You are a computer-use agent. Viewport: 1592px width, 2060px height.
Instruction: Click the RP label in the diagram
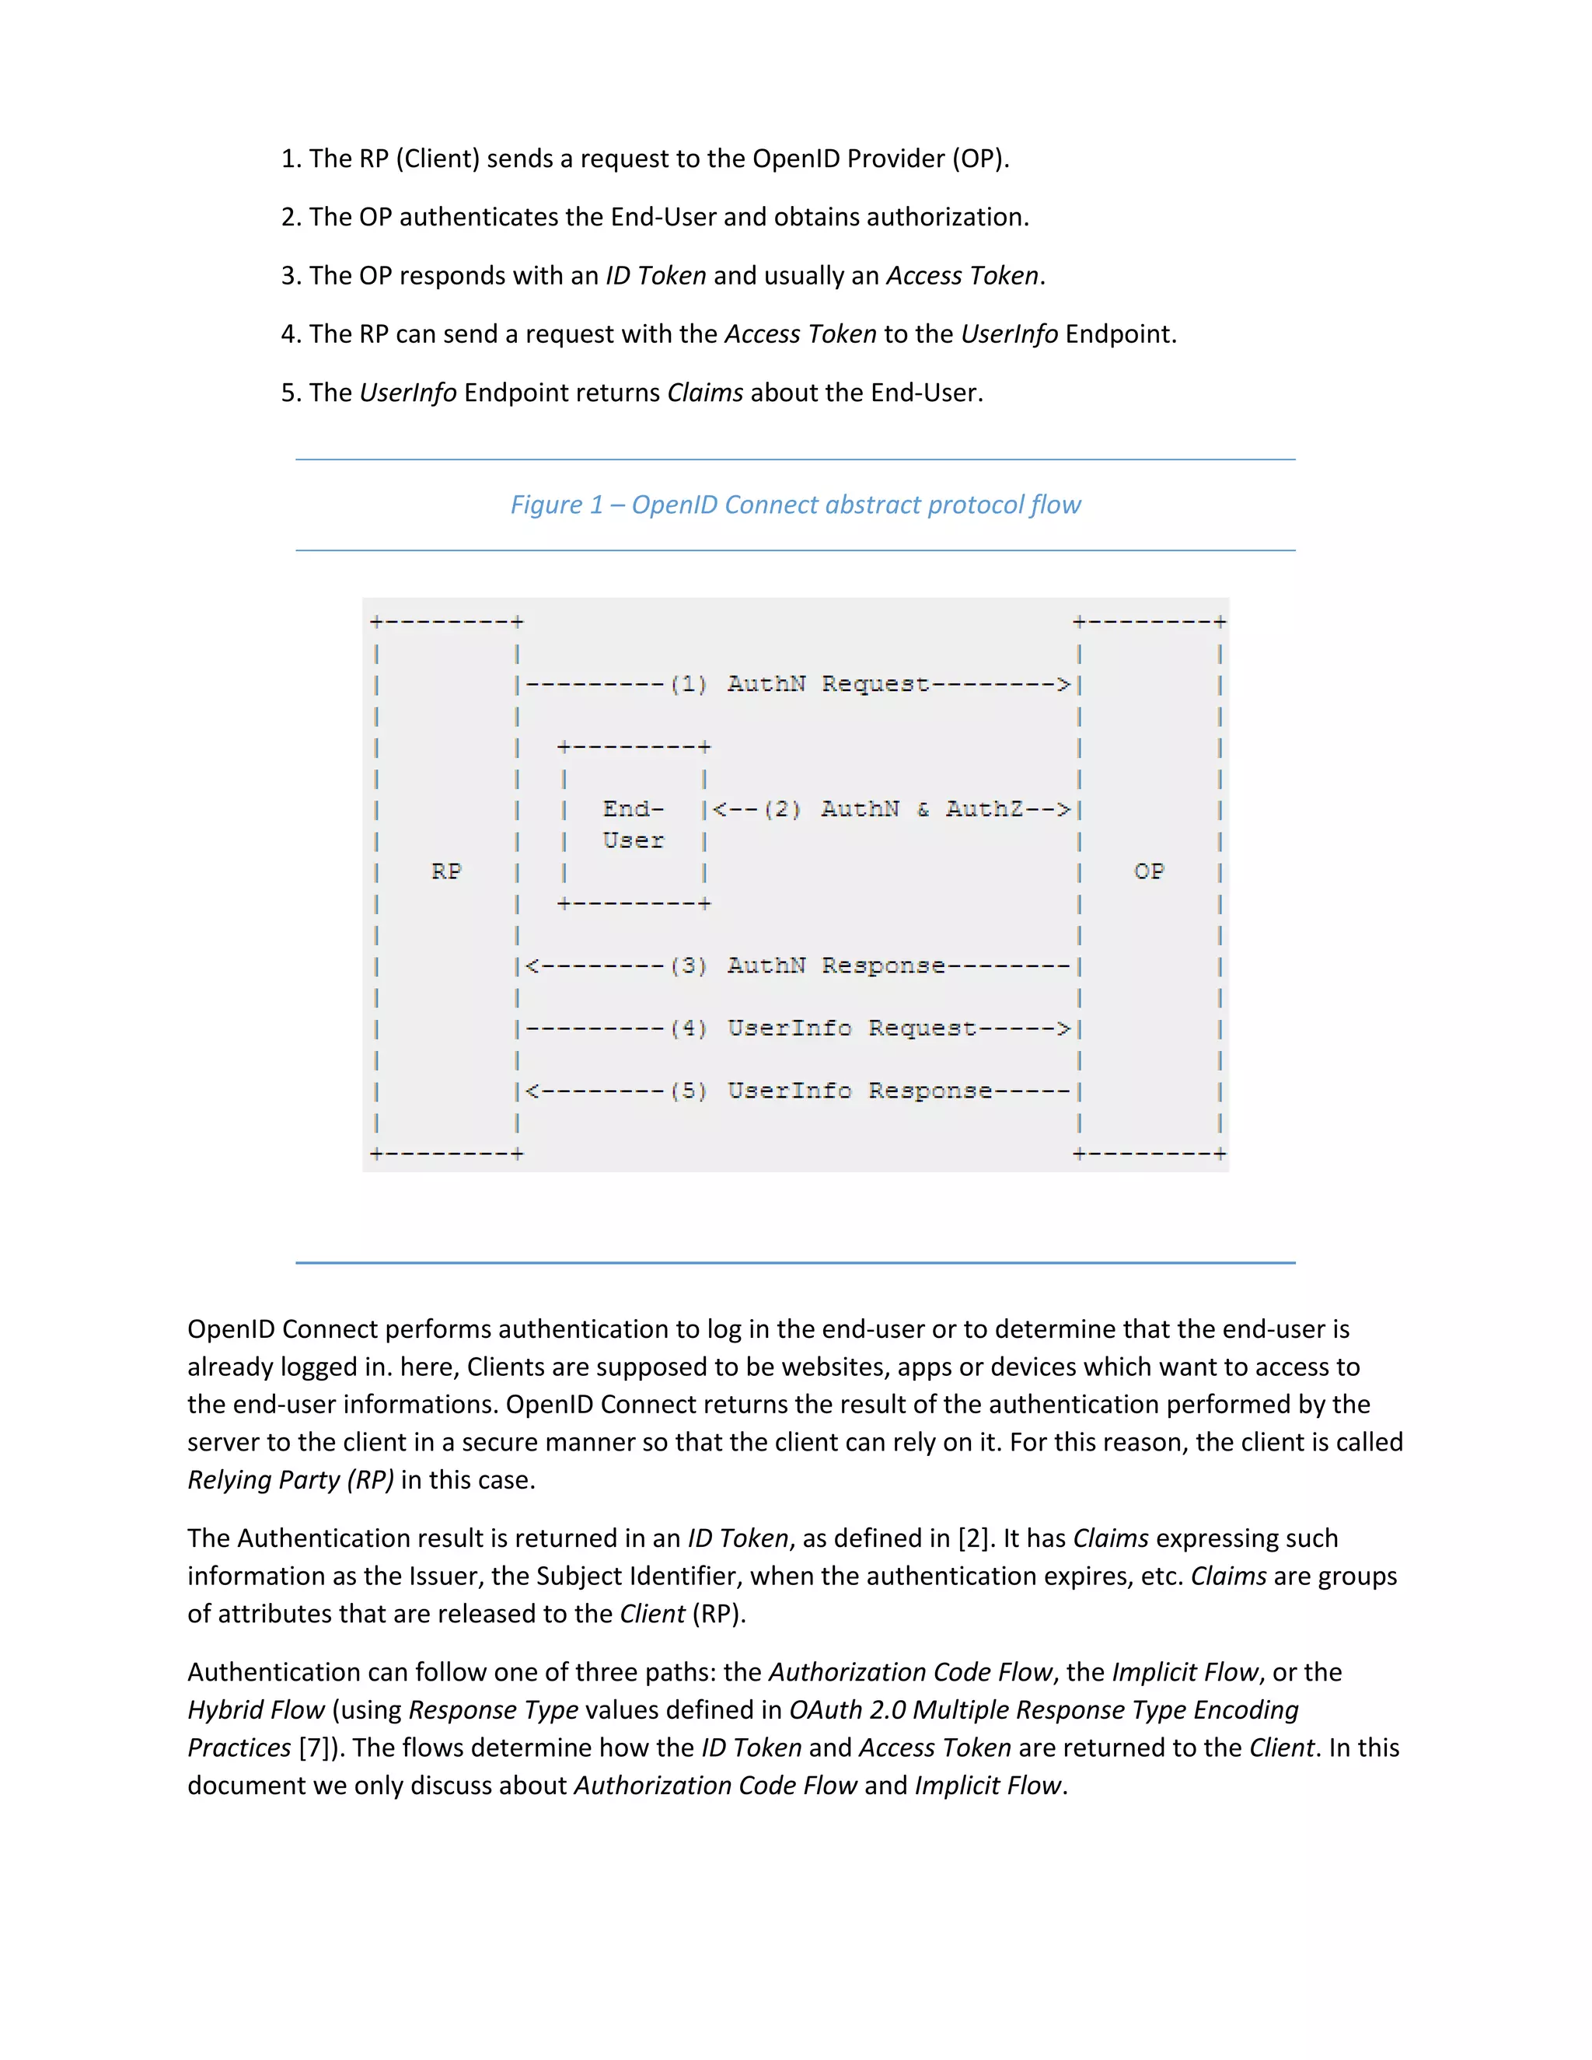(x=446, y=871)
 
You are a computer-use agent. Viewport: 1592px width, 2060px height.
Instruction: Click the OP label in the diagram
(x=1149, y=871)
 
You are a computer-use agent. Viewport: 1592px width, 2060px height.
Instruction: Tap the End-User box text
(x=633, y=824)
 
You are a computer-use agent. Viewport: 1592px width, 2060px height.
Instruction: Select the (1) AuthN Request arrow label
(x=800, y=684)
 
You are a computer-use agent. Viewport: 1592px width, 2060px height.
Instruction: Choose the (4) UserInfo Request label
(x=822, y=1028)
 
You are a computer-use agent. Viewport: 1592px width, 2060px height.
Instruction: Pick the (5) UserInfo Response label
(x=830, y=1091)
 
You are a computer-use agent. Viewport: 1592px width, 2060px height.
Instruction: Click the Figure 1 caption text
(x=795, y=505)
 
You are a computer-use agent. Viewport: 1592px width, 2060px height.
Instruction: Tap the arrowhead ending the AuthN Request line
(x=1064, y=685)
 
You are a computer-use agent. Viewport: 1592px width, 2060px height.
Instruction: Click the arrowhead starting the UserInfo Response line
(x=532, y=1091)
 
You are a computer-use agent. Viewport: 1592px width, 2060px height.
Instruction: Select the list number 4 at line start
(x=288, y=335)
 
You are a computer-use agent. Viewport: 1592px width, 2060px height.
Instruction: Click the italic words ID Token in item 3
(x=655, y=275)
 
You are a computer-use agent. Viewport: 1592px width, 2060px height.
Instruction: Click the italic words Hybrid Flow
(x=256, y=1710)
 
